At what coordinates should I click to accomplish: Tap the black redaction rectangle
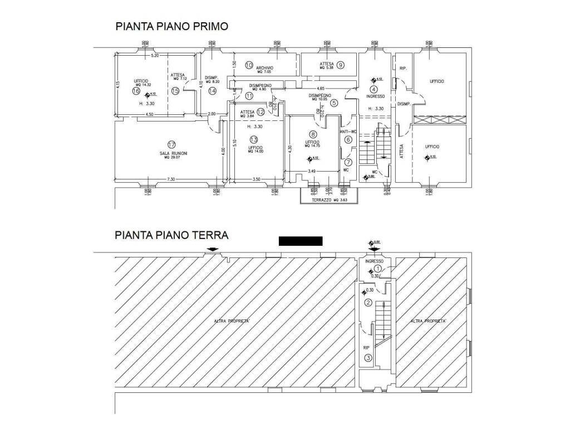(301, 241)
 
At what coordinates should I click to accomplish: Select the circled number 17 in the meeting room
(171, 143)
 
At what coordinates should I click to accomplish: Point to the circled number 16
(135, 91)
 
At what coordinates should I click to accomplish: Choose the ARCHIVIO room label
(264, 68)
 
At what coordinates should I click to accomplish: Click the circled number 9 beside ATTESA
(341, 65)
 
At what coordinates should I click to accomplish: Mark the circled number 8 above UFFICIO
(313, 134)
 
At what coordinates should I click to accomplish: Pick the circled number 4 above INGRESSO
(374, 89)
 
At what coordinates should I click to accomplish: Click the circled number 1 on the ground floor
(376, 269)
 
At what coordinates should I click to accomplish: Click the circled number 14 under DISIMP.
(212, 91)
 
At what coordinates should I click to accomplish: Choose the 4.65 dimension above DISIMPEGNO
(321, 89)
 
